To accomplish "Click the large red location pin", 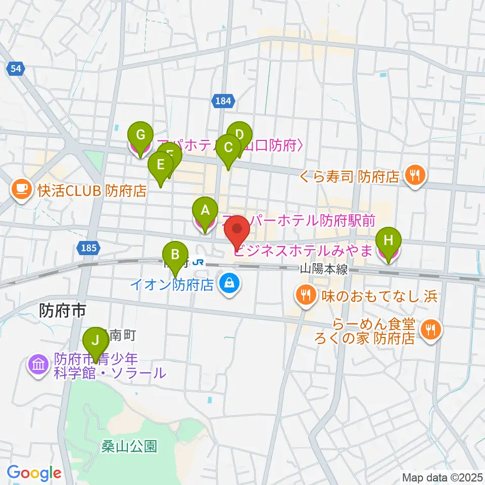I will (x=237, y=231).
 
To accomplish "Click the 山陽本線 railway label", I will (x=323, y=270).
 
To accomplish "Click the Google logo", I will (x=34, y=473).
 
